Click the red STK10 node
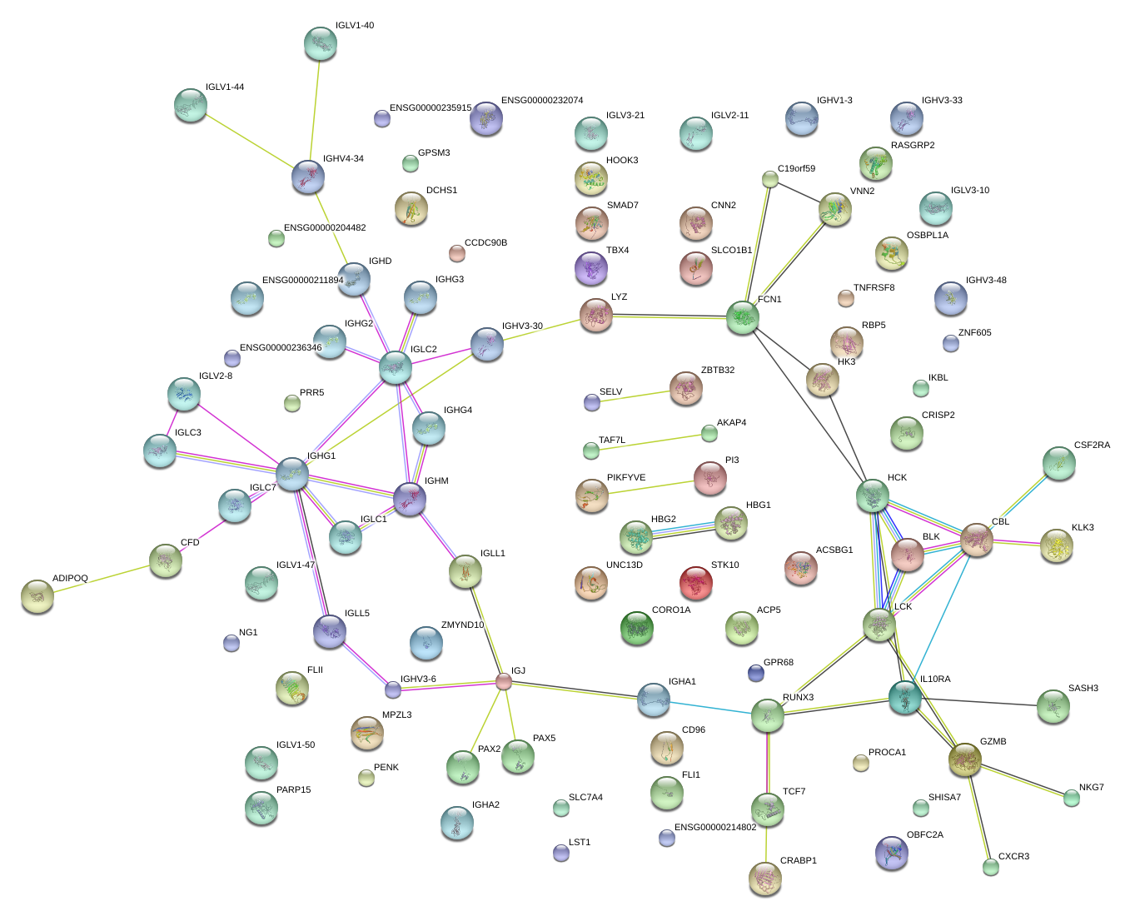[695, 583]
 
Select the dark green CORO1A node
[637, 628]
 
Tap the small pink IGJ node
[504, 681]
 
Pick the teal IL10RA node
[904, 697]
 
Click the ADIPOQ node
[37, 596]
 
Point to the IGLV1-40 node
[321, 43]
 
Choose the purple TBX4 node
[591, 268]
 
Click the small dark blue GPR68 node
[755, 673]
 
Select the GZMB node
[964, 759]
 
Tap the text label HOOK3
[622, 160]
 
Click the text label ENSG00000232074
[541, 100]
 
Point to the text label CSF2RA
[1092, 445]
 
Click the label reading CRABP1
[798, 860]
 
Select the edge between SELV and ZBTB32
[635, 396]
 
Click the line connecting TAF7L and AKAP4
[650, 443]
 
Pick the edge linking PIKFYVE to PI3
[651, 487]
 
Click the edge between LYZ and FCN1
[670, 316]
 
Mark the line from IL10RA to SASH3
[978, 702]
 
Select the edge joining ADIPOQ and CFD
[102, 580]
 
